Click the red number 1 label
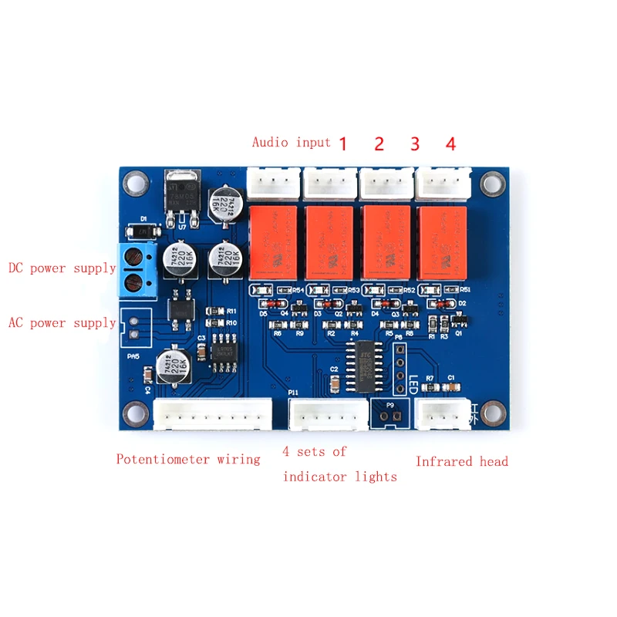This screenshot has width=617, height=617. [x=342, y=143]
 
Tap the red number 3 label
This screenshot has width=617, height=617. [x=415, y=143]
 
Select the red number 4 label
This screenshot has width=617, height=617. [x=450, y=143]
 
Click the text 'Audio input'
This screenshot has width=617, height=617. [x=291, y=142]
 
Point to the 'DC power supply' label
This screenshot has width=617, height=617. [x=62, y=268]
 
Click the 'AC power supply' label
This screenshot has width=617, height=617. [x=62, y=322]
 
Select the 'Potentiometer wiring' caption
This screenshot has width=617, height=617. [x=188, y=459]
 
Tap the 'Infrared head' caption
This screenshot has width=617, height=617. [x=462, y=461]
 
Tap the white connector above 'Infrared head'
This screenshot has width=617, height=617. [x=442, y=413]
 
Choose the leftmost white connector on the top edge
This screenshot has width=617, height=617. [x=273, y=182]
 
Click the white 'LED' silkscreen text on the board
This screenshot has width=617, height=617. [x=413, y=383]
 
